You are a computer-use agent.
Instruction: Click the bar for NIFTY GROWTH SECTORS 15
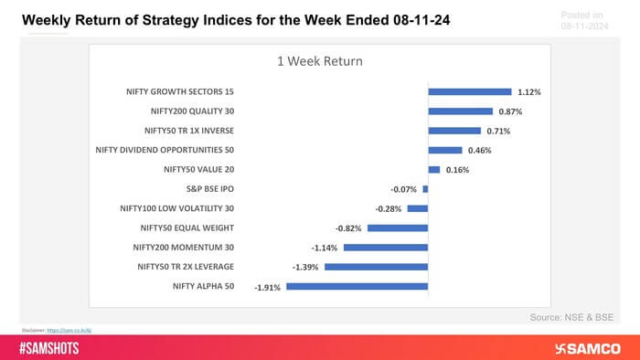(469, 92)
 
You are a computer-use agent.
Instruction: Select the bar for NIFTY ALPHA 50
(357, 286)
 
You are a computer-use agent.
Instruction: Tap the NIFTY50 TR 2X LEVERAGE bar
(377, 267)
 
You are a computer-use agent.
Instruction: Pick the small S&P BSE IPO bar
(425, 189)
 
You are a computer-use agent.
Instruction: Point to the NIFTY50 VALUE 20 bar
(434, 170)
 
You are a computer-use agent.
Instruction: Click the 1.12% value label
(530, 92)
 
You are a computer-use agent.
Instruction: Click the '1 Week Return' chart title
(319, 62)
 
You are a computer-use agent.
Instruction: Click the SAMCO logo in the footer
(589, 348)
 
